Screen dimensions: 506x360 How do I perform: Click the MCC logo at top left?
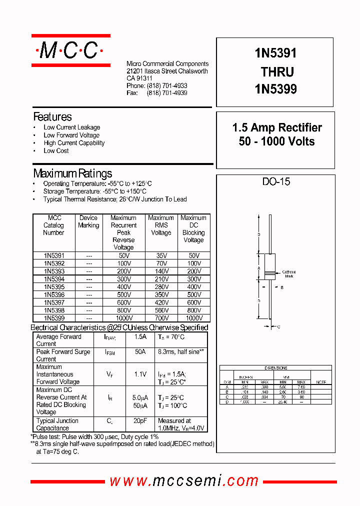click(70, 50)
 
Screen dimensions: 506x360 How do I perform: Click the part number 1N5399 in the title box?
click(275, 89)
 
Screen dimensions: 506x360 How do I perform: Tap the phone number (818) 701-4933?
click(167, 86)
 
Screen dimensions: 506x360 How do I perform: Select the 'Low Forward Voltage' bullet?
click(71, 135)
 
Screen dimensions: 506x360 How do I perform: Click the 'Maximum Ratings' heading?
click(72, 173)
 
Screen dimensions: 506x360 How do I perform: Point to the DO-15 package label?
click(276, 181)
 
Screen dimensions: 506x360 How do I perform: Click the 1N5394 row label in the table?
click(54, 279)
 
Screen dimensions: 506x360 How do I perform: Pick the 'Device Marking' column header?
click(88, 221)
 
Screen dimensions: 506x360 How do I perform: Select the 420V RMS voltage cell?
click(161, 302)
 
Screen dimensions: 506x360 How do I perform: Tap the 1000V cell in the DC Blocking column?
click(193, 318)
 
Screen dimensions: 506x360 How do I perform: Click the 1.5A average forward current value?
click(140, 337)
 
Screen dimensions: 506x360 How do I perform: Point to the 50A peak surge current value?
click(140, 352)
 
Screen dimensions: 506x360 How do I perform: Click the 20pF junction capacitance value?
click(140, 421)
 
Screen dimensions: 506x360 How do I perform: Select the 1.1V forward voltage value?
click(140, 374)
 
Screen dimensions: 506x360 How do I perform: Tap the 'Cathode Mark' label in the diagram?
click(289, 274)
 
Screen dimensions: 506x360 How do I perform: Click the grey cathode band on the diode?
click(270, 273)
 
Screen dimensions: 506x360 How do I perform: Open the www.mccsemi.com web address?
click(184, 481)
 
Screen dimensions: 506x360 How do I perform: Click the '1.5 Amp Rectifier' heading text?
click(277, 127)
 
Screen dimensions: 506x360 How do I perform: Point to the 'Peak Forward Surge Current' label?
click(63, 355)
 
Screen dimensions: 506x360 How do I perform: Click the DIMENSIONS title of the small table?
click(275, 368)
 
